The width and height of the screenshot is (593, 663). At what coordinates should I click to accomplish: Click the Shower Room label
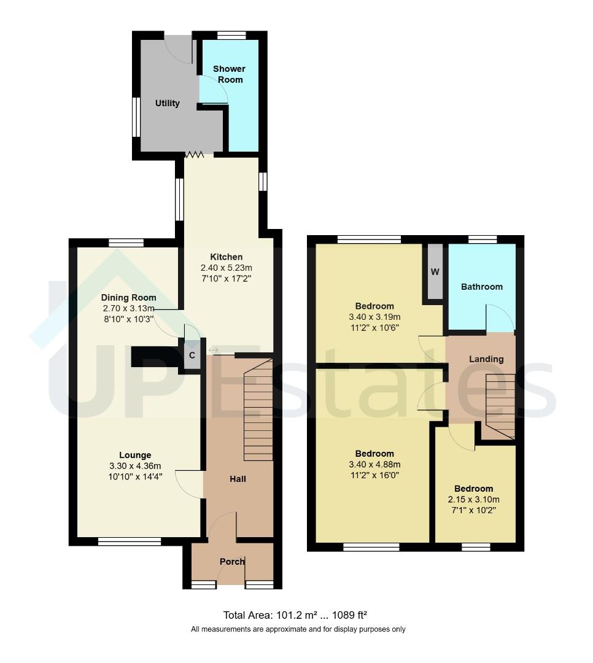(x=228, y=74)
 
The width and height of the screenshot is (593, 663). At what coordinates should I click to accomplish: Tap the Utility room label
(x=167, y=103)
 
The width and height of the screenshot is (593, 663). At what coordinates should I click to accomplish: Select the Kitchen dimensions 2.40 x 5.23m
(x=226, y=268)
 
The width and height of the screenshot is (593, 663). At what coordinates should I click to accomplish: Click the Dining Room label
(x=128, y=298)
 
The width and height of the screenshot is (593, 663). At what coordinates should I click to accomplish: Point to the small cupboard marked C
(x=192, y=355)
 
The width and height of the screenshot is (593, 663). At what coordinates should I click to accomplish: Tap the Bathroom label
(x=481, y=287)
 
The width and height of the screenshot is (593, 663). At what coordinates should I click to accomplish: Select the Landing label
(x=486, y=359)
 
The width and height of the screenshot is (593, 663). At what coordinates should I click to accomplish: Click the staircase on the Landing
(x=500, y=406)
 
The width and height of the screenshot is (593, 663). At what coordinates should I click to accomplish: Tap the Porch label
(x=232, y=562)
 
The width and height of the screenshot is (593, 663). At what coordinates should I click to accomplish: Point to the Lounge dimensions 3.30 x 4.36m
(x=134, y=466)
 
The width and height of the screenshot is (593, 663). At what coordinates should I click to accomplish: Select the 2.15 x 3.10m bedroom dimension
(x=473, y=500)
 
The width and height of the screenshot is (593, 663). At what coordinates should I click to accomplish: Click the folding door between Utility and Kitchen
(x=198, y=155)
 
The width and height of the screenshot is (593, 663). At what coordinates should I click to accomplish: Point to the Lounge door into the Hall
(x=189, y=483)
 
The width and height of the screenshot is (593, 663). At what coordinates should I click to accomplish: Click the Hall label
(x=238, y=478)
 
